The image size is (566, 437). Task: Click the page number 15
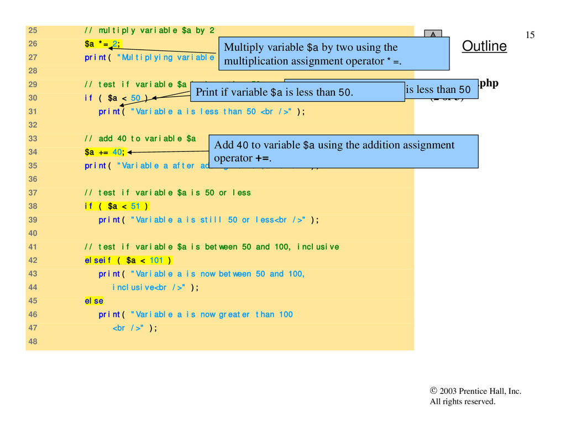point(530,35)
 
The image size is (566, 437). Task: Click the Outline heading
point(484,46)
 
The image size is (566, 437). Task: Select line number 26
point(32,44)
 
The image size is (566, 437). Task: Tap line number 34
point(32,152)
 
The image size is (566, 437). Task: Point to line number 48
point(32,341)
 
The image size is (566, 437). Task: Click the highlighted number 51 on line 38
point(135,206)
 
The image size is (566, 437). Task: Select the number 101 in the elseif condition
point(156,260)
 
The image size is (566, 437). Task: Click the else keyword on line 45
point(93,301)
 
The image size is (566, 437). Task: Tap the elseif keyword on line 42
point(98,260)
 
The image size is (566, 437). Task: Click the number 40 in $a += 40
point(117,152)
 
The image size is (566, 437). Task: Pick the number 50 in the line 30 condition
point(135,98)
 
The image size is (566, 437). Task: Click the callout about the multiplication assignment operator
point(333,54)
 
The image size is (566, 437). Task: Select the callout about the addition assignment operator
point(343,151)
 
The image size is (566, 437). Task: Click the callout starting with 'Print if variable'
point(297,92)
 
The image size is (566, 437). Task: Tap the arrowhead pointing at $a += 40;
point(130,152)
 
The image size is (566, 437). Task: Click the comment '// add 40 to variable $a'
point(140,139)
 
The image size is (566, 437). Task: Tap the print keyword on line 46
point(109,314)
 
